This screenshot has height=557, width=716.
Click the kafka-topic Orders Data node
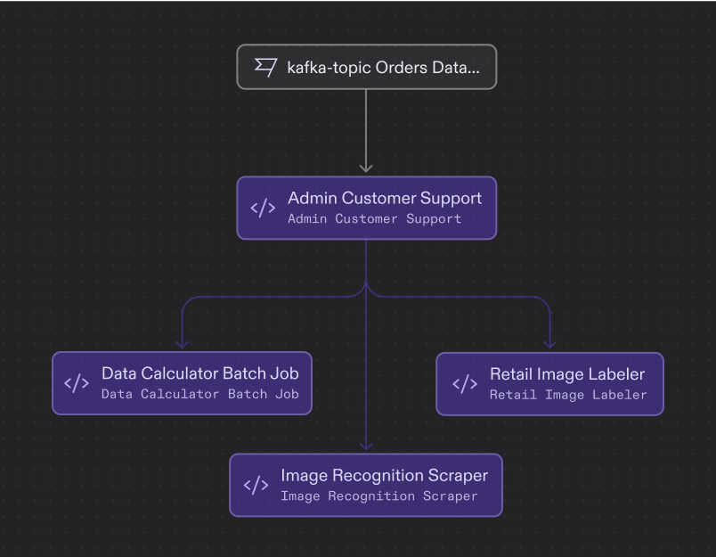click(366, 67)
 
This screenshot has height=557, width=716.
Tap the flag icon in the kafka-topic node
click(265, 67)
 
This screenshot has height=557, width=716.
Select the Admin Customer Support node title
click(384, 198)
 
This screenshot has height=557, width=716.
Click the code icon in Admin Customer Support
click(263, 208)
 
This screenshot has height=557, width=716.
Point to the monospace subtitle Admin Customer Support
click(374, 218)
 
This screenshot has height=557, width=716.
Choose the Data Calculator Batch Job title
click(199, 373)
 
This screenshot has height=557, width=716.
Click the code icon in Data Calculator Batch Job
click(77, 383)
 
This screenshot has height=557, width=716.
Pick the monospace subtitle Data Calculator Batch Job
click(199, 394)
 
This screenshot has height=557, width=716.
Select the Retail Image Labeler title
click(566, 373)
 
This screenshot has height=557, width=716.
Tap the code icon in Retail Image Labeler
click(464, 383)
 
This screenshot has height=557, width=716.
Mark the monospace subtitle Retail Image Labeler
click(567, 394)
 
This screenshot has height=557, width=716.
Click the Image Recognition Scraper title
click(384, 475)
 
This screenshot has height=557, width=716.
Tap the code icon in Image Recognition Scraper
click(256, 485)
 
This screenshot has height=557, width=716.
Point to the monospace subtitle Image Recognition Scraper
click(378, 496)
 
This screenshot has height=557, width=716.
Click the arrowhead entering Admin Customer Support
click(366, 167)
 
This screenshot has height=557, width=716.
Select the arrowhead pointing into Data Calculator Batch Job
click(182, 342)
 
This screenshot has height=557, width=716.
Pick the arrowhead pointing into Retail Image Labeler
click(549, 342)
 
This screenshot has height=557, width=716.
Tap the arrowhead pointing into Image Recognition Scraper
click(366, 445)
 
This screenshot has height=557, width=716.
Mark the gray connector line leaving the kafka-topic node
click(366, 125)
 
